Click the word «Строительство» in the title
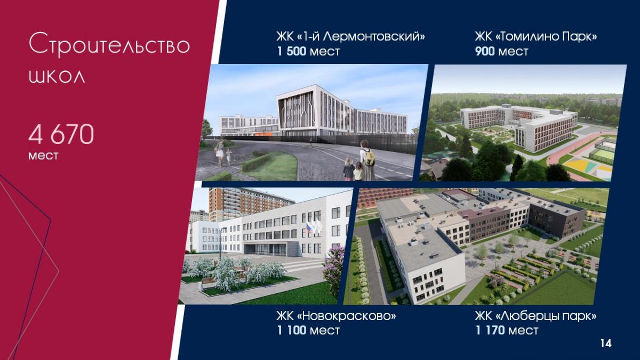pos(109,45)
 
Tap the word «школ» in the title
pos(57,76)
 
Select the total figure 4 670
pos(61,134)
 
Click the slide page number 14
pos(606,343)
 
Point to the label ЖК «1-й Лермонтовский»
pos(350,37)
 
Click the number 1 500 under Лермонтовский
pos(292,51)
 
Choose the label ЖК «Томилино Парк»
pos(536,37)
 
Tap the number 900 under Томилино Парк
pos(485,51)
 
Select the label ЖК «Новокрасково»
pos(337,316)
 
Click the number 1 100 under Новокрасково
pos(292,331)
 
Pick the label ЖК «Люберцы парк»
pos(535,316)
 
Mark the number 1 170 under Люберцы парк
pos(490,331)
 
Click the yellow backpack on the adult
pos(369,157)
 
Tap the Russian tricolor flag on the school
pos(309,227)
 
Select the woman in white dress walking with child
pos(219,152)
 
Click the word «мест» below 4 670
pos(43,156)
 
